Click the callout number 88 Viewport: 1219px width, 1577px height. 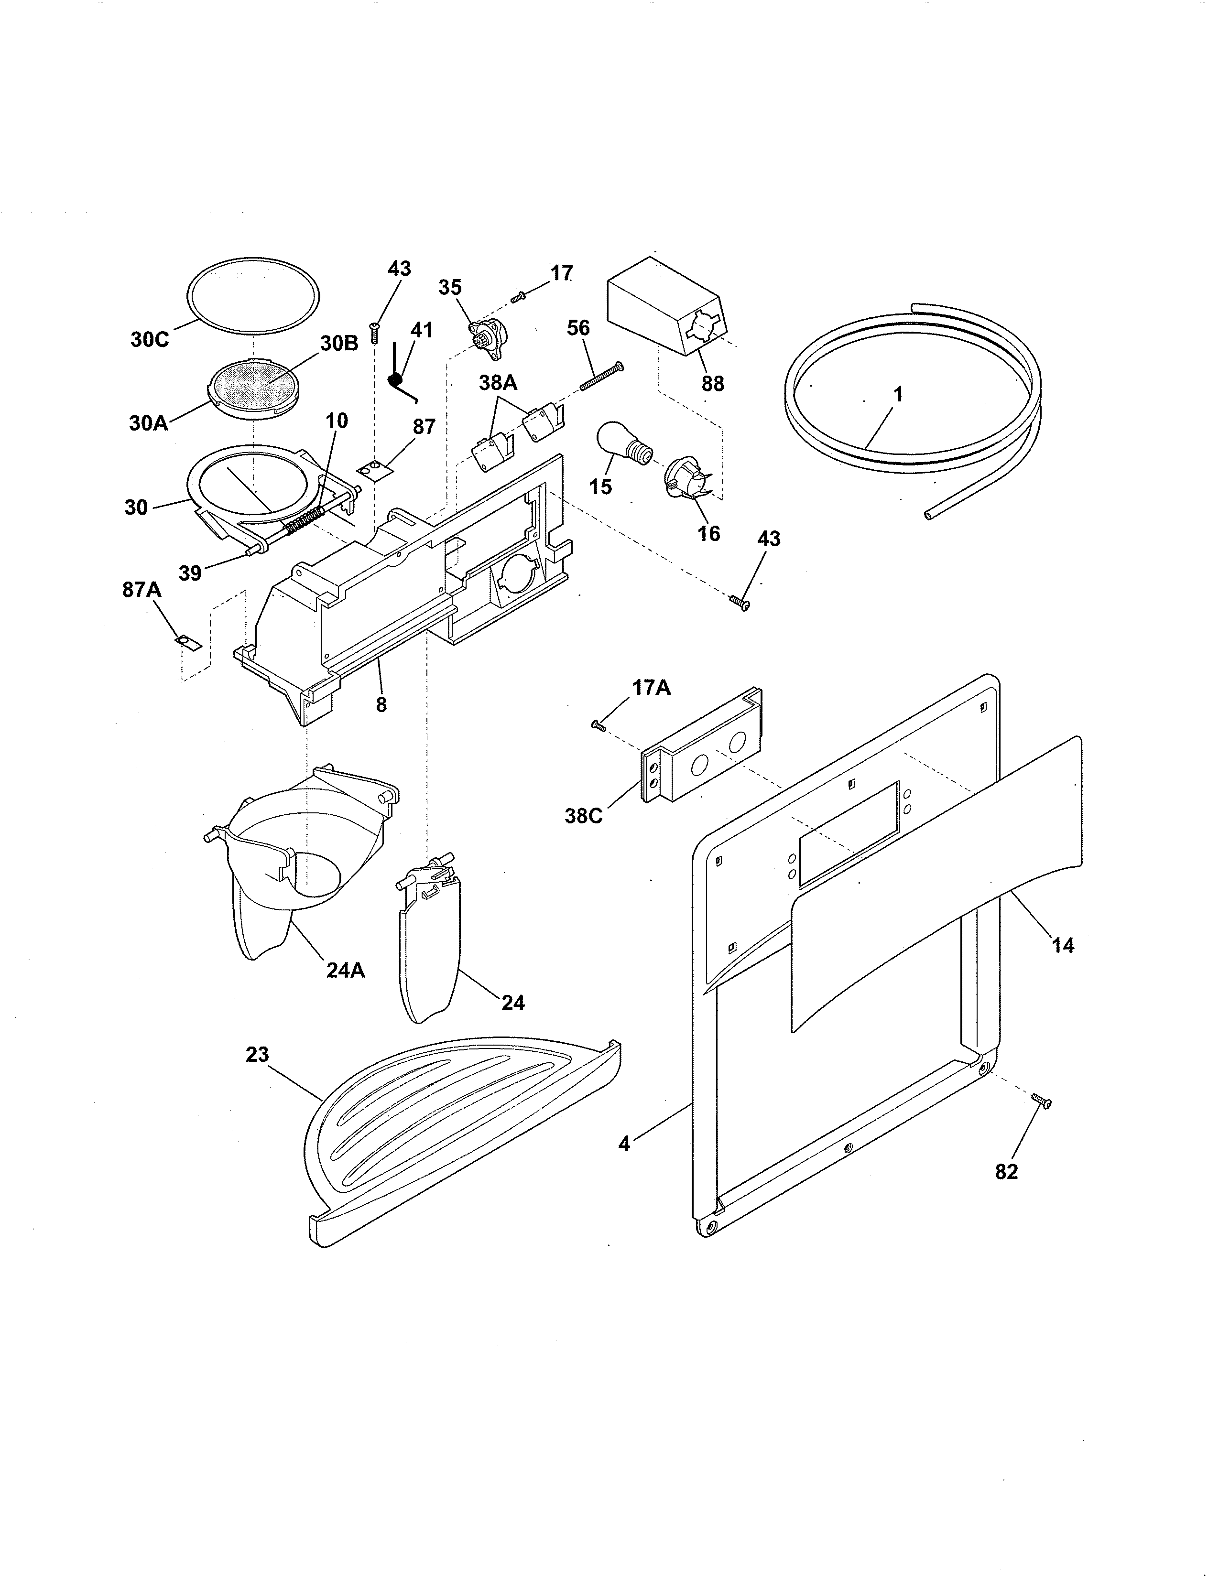[712, 383]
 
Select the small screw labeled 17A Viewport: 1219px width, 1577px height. [598, 725]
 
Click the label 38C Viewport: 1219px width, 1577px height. [584, 817]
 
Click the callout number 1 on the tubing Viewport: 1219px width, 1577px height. [898, 395]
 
